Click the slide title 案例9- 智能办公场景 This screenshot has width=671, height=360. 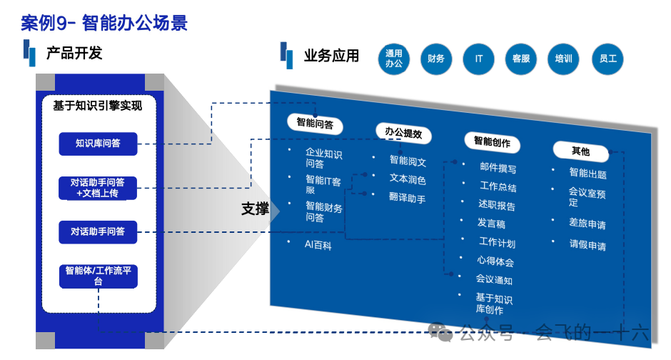click(x=104, y=23)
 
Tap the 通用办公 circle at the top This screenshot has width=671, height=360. click(x=394, y=59)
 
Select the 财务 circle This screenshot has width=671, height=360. click(x=436, y=59)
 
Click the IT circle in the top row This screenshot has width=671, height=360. click(x=478, y=59)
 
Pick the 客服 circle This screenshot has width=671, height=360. click(x=521, y=59)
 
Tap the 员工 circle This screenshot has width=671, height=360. click(x=608, y=59)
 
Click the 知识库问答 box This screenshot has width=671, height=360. click(x=98, y=144)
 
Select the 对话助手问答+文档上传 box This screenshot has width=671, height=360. click(x=98, y=188)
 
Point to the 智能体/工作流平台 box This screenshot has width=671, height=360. click(x=98, y=276)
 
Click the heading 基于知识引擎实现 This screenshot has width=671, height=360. click(x=97, y=106)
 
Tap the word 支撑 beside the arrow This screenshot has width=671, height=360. click(x=255, y=209)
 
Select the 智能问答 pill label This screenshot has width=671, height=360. click(x=315, y=123)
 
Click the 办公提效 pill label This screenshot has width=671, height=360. click(x=403, y=133)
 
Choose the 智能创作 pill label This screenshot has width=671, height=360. click(x=492, y=142)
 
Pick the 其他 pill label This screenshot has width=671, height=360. click(x=580, y=151)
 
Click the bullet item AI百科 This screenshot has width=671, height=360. click(x=318, y=245)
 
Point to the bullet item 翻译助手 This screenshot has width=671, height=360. click(x=407, y=198)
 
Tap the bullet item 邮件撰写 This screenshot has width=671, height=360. click(x=498, y=169)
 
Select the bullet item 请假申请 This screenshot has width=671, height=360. click(x=587, y=245)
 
